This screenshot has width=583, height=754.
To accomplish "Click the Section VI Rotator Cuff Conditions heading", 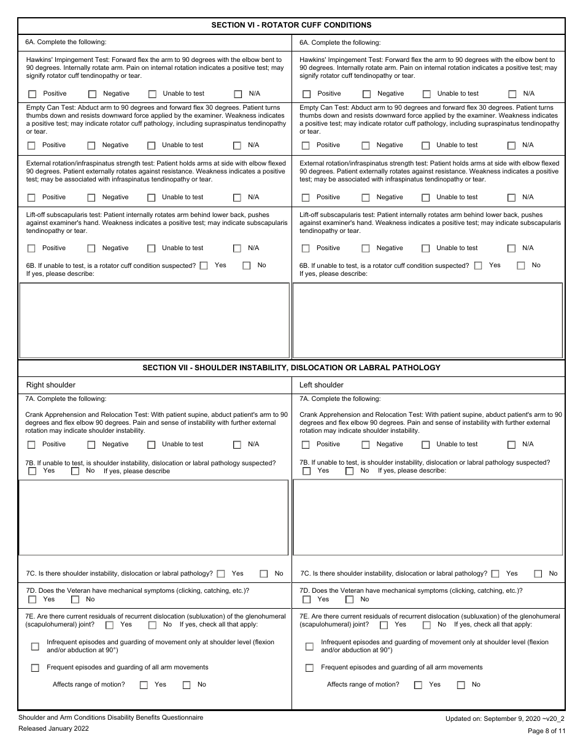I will point(291,25).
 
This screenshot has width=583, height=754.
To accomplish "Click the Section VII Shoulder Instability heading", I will point(291,368).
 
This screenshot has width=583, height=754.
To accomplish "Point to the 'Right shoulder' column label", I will point(51,385).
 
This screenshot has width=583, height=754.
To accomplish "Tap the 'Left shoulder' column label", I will point(322,385).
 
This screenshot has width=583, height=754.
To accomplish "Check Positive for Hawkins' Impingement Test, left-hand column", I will point(33,94).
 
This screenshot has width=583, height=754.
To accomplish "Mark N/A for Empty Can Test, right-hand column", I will point(511,146).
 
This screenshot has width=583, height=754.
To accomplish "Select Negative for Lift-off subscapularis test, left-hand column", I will point(91,248).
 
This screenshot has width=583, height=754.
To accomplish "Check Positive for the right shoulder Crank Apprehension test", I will point(32,445).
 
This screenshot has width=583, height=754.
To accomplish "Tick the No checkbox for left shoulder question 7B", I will point(349,471).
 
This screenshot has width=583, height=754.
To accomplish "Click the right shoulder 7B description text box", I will point(153,517).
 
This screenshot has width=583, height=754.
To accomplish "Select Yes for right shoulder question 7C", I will point(221,574).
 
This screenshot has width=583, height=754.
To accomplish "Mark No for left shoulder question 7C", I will point(538,574).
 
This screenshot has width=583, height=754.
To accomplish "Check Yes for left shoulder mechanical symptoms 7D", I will point(306,600).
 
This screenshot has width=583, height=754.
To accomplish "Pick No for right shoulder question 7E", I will point(152,625).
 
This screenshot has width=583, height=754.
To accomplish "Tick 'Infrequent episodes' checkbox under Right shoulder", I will point(35,646).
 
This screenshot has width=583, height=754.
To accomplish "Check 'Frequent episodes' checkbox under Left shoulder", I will point(309,668).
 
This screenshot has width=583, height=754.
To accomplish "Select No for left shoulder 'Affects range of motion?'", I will point(461,685).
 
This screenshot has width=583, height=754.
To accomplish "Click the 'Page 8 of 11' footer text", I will point(542,731).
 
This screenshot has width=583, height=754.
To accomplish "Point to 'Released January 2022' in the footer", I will point(53,729).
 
